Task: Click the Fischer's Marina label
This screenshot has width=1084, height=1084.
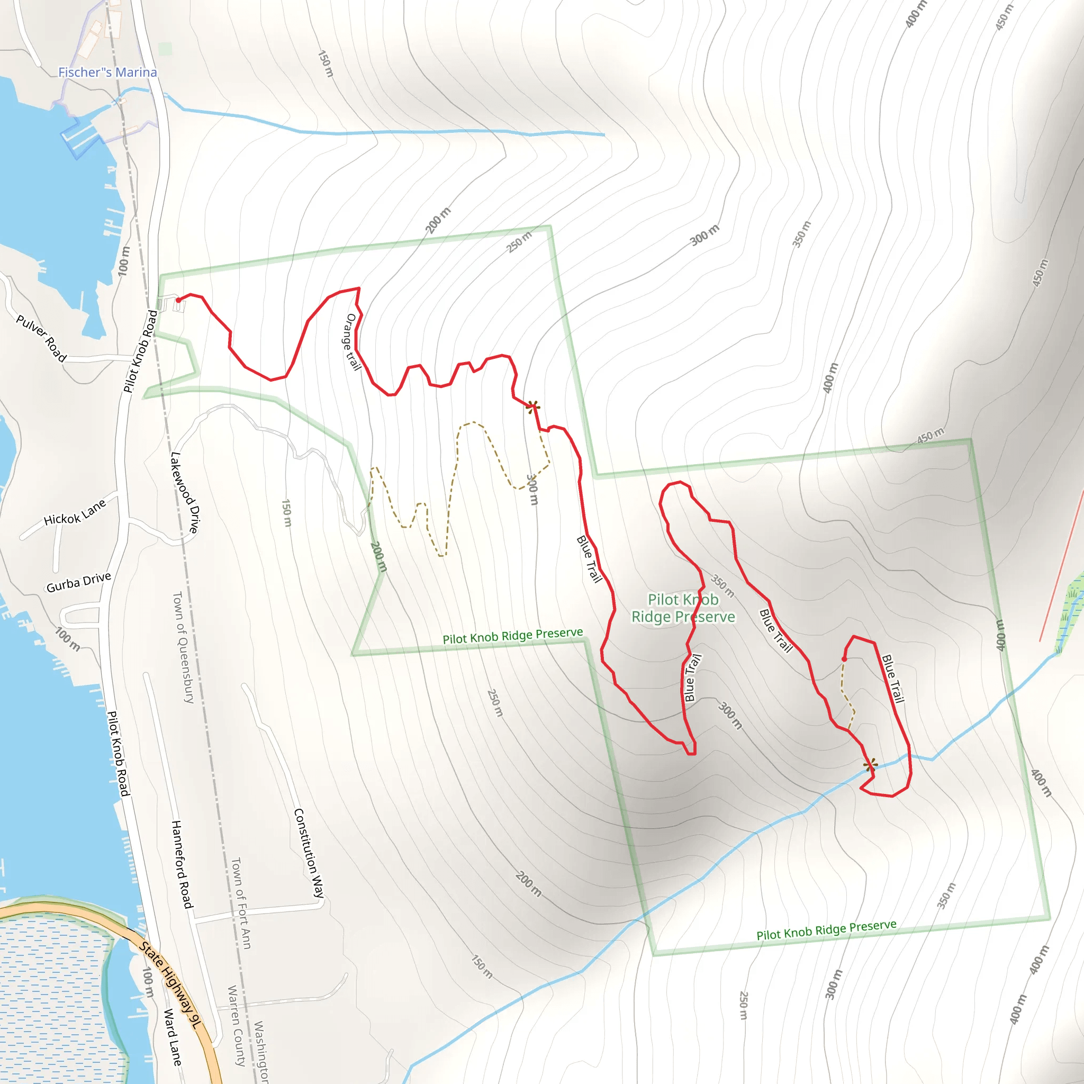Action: point(108,73)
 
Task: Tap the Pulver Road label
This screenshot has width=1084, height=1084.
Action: point(41,338)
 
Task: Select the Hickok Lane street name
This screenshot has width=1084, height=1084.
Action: point(75,512)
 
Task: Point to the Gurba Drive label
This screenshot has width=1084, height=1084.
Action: point(78,582)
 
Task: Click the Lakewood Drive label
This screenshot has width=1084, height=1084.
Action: point(185,493)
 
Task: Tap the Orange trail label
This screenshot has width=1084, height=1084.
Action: point(352,342)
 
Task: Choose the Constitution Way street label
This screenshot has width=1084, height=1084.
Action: point(309,853)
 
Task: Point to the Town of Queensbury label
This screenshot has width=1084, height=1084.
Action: point(183,647)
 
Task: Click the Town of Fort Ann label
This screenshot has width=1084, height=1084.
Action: point(241,903)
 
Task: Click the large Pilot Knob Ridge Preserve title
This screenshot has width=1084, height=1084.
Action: point(683,608)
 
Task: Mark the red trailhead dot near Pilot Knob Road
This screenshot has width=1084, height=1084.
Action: point(178,300)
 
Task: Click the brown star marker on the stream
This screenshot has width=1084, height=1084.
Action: point(871,765)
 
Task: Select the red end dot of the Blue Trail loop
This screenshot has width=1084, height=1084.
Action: point(844,658)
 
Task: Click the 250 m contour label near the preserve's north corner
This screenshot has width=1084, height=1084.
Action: point(519,242)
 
